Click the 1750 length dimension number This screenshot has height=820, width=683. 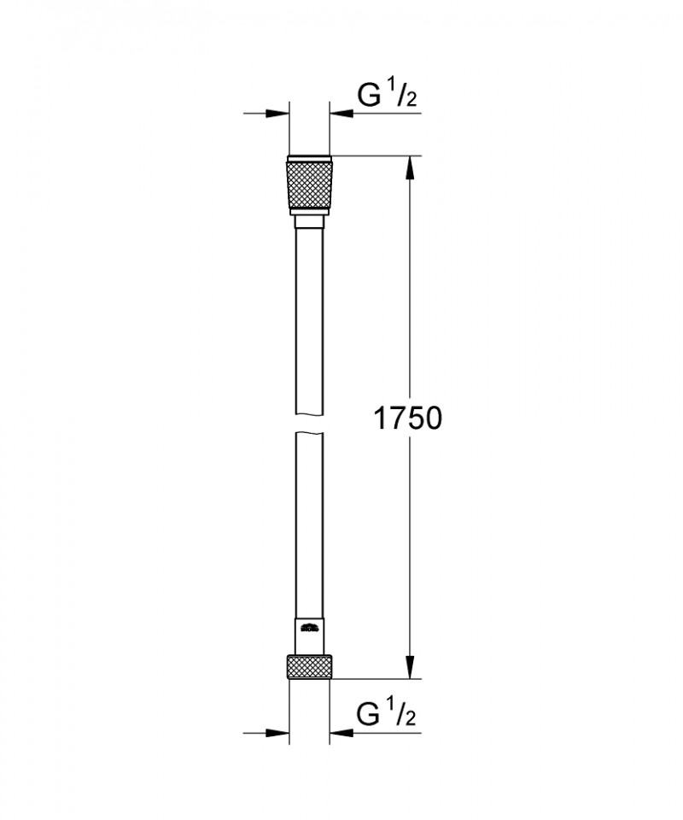click(x=407, y=419)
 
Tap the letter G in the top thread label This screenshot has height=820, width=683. click(x=370, y=97)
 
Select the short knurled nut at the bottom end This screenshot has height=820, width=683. click(x=308, y=667)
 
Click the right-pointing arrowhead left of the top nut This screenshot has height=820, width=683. click(x=275, y=113)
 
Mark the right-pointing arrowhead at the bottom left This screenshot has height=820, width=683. click(x=275, y=732)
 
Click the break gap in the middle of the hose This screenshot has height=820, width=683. click(x=308, y=425)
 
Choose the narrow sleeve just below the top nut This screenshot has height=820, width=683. click(x=308, y=222)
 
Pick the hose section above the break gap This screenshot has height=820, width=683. click(x=308, y=325)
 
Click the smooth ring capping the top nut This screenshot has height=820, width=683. click(x=308, y=158)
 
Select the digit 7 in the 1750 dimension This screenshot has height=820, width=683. click(x=394, y=419)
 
